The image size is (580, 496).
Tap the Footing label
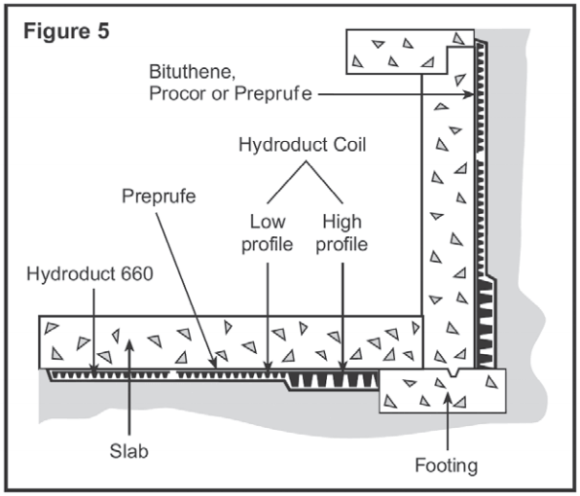click(445, 465)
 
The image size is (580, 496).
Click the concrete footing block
click(443, 391)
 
